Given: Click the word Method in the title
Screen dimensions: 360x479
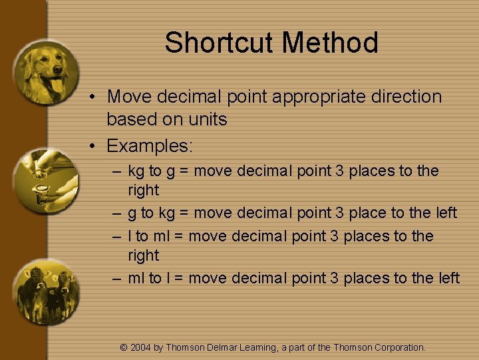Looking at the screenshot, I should click(330, 43).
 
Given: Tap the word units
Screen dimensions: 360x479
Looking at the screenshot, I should click(208, 120).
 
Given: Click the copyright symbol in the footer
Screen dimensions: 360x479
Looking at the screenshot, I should click(123, 347).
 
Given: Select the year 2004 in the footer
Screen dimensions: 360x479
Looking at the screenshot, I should click(140, 347).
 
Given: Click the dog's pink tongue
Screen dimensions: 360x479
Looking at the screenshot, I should click(57, 85).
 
